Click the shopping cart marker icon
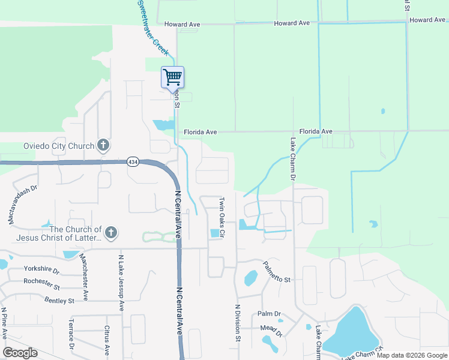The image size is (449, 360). pyautogui.click(x=172, y=77)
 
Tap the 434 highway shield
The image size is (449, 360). pyautogui.click(x=133, y=162)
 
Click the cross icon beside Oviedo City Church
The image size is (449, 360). pyautogui.click(x=103, y=145)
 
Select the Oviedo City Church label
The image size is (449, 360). pyautogui.click(x=59, y=146)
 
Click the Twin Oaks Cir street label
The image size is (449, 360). pyautogui.click(x=221, y=216)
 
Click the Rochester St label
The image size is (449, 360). pyautogui.click(x=41, y=281)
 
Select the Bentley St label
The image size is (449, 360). pyautogui.click(x=59, y=301)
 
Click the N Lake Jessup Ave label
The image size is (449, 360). pyautogui.click(x=121, y=282)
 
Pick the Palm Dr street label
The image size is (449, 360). pyautogui.click(x=269, y=314)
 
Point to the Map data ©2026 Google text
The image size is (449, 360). pyautogui.click(x=411, y=355)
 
